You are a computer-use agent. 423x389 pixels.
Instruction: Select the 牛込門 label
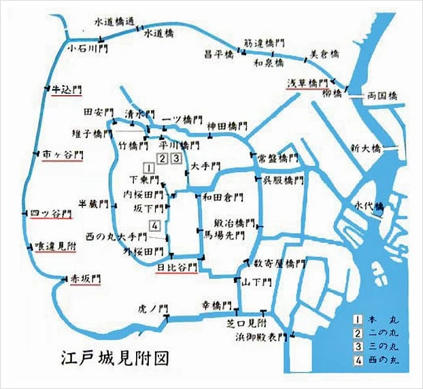pos(66,89)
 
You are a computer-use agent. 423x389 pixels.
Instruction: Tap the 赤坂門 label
pos(84,277)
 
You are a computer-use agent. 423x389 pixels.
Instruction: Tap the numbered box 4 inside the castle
pos(155,226)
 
